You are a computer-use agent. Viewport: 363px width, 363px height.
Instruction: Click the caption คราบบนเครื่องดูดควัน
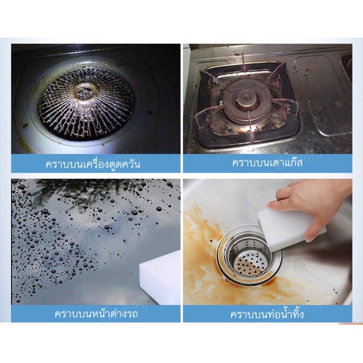(x=93, y=164)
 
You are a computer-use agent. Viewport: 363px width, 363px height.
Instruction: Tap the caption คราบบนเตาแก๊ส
(x=267, y=163)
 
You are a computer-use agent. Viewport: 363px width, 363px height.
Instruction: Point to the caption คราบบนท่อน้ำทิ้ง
(x=267, y=314)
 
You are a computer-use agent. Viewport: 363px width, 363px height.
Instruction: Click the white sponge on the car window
(x=160, y=277)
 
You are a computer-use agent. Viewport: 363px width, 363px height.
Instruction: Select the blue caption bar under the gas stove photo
(x=267, y=163)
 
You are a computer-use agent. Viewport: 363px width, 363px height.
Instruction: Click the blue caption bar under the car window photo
(x=96, y=313)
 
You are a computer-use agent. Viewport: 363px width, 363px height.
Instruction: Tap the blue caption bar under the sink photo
(x=267, y=313)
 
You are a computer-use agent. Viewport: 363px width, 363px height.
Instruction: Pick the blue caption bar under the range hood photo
(x=96, y=164)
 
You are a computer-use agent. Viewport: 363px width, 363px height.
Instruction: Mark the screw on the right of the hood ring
(x=150, y=113)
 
